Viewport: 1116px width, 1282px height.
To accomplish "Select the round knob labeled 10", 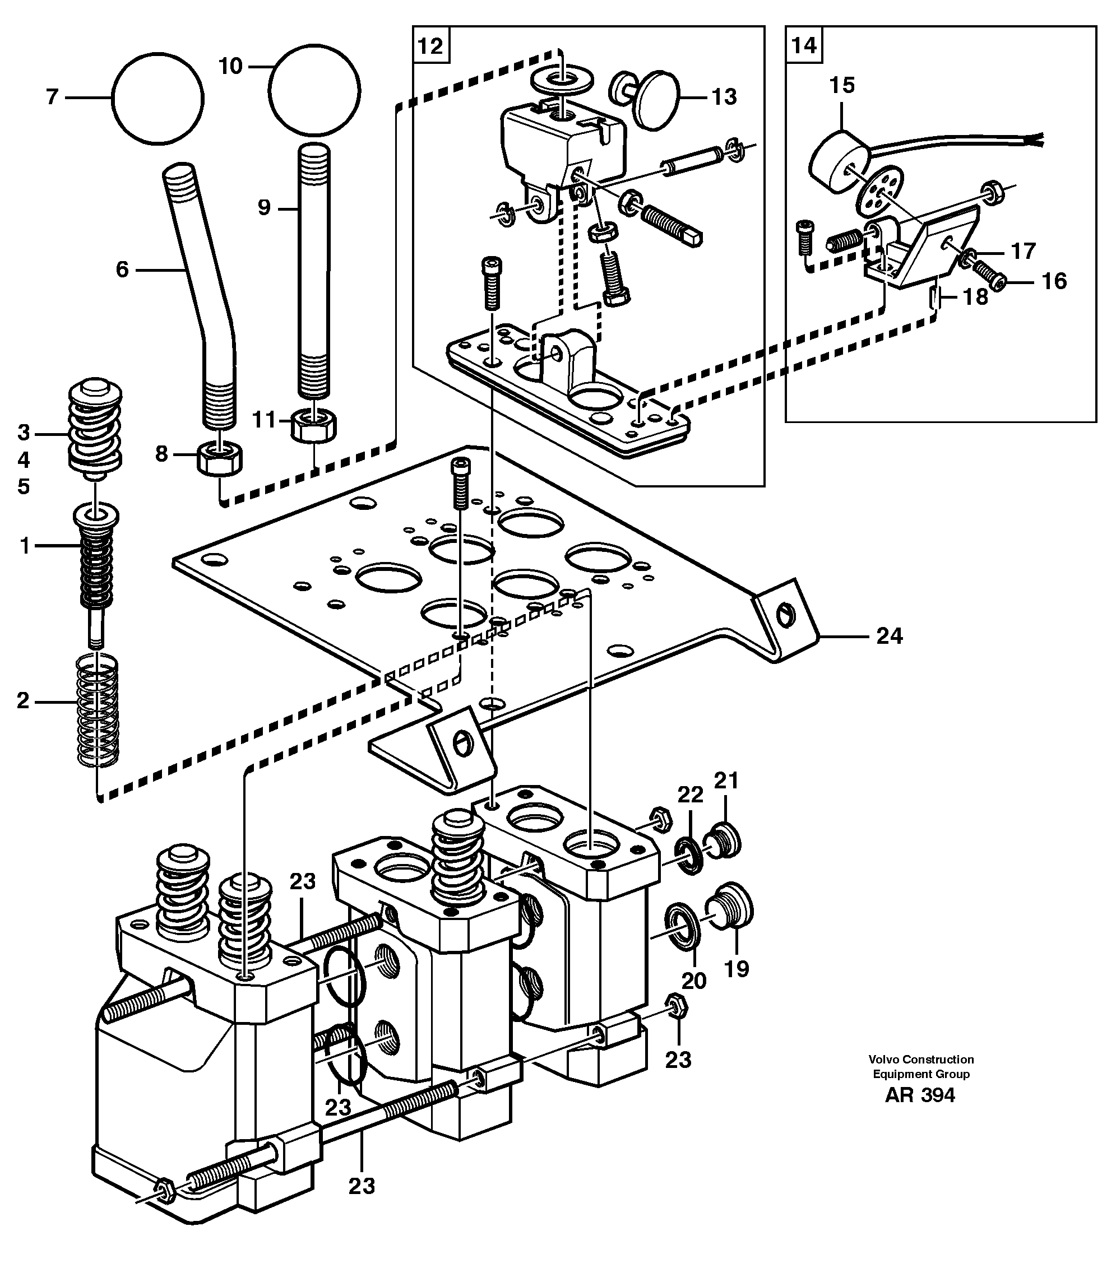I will tap(314, 90).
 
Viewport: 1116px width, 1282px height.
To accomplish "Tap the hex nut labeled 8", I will tap(220, 459).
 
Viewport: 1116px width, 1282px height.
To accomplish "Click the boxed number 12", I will tap(430, 46).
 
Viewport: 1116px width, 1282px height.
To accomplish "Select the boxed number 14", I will tap(803, 45).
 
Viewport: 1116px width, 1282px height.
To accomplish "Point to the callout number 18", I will tap(975, 297).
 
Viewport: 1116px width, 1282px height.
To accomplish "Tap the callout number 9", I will tap(264, 207).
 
